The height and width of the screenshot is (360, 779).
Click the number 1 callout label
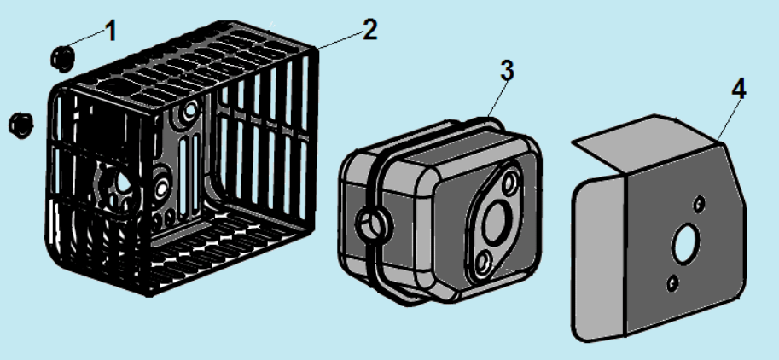[111, 31]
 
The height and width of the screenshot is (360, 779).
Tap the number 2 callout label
[369, 29]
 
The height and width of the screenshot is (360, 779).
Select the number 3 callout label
[507, 71]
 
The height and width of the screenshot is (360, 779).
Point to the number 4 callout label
[738, 90]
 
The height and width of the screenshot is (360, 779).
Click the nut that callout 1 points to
[62, 58]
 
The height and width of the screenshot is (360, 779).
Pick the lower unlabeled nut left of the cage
[20, 125]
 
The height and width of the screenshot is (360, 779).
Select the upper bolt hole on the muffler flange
[509, 183]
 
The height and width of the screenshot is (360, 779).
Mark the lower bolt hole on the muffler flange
[481, 262]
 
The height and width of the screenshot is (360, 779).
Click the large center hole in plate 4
[686, 244]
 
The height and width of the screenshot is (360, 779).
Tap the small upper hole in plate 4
[700, 203]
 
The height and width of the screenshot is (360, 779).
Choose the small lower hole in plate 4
[671, 283]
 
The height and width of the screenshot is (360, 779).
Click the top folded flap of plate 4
[646, 142]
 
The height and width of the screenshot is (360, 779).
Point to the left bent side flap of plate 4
[598, 258]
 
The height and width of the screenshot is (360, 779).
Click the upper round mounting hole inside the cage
[189, 111]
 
